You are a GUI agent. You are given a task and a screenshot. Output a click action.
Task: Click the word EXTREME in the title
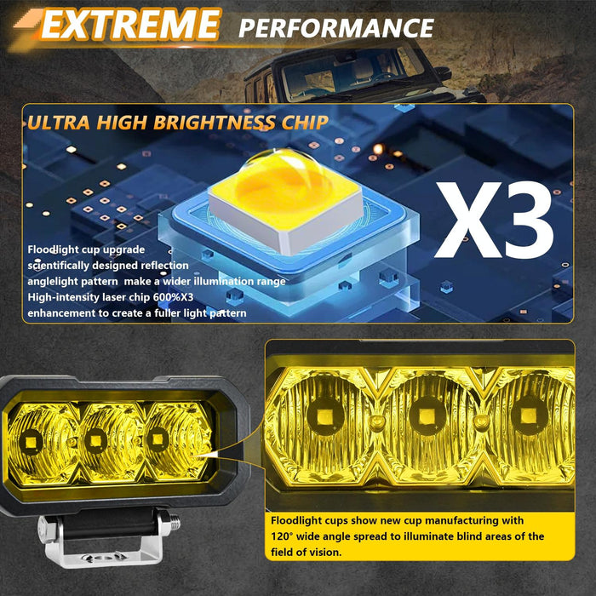coord(129,26)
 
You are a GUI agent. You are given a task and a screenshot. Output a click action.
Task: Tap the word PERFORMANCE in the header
coord(336,27)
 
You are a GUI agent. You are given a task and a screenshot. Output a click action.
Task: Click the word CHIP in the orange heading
coord(304,122)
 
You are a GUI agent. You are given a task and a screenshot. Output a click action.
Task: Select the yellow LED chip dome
coord(272,183)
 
